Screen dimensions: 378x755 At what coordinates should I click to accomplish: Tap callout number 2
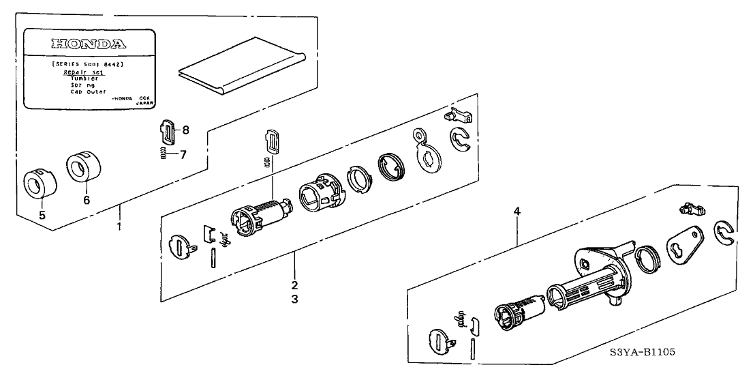(x=294, y=284)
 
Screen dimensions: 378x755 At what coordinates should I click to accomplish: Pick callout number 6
(x=87, y=200)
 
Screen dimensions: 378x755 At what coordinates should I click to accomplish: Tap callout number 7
(x=182, y=154)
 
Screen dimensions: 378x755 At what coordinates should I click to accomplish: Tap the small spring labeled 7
(x=164, y=154)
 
